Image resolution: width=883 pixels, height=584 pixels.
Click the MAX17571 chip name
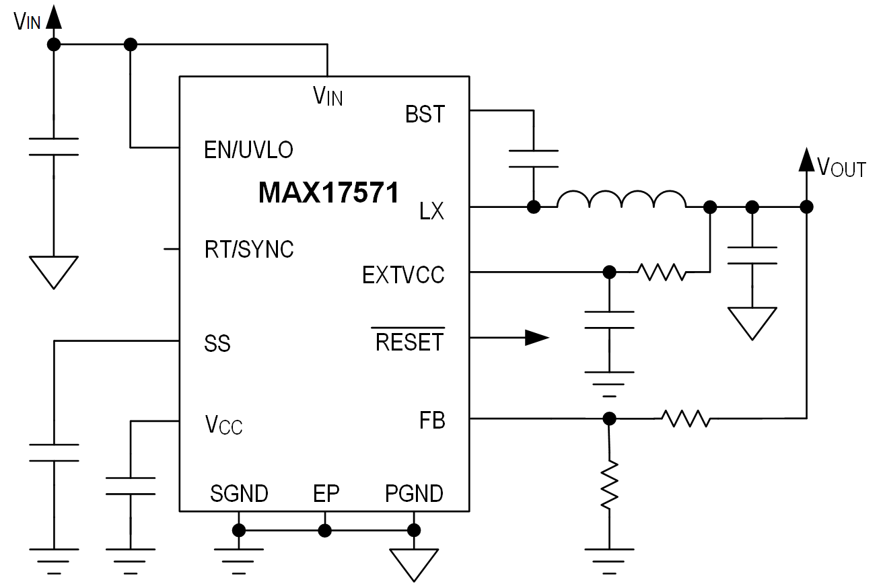[328, 194]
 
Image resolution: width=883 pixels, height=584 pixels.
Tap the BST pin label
[425, 114]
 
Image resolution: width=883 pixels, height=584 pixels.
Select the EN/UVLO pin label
[248, 149]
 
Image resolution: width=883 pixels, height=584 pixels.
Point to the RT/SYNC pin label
[249, 250]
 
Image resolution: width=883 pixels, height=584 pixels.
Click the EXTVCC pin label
[403, 276]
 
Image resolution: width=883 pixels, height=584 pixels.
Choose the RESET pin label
[409, 342]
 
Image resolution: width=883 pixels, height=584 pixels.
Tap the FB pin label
[432, 422]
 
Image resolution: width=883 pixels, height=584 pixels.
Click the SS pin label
[217, 344]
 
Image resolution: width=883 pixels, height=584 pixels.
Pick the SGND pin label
[239, 494]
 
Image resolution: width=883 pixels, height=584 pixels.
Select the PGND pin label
[414, 494]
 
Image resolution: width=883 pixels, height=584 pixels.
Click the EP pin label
[326, 494]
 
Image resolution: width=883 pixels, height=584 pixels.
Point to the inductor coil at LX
[621, 201]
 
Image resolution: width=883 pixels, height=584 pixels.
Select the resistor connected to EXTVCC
[662, 272]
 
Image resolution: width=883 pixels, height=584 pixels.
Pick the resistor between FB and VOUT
[685, 418]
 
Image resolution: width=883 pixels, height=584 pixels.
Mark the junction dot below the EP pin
[325, 531]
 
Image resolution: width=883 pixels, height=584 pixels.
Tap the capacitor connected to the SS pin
[54, 452]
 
